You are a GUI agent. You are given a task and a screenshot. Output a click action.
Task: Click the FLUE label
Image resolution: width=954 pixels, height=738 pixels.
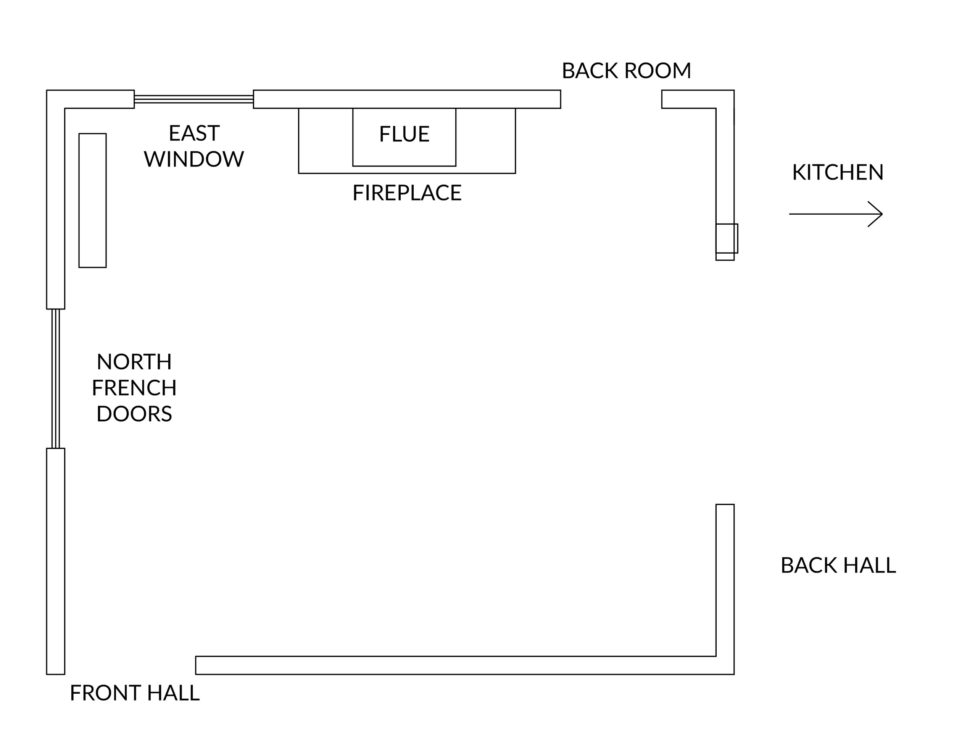[404, 134]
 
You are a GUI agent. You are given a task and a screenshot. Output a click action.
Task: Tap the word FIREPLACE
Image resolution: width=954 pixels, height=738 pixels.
[407, 193]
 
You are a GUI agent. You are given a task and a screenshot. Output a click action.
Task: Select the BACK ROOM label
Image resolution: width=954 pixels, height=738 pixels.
[626, 71]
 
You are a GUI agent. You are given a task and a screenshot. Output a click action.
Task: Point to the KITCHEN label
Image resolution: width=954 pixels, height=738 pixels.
[837, 172]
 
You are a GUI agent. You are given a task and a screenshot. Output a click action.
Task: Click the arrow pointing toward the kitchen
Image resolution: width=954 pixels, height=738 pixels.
[836, 214]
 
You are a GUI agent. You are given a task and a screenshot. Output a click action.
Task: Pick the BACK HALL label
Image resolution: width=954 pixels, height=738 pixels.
[838, 565]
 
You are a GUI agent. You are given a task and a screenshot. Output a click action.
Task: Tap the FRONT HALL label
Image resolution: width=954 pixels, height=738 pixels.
[135, 693]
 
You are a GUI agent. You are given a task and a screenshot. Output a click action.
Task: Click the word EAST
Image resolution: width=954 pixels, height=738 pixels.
[194, 133]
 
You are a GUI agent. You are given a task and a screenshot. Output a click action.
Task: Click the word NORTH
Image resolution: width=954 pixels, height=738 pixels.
[134, 362]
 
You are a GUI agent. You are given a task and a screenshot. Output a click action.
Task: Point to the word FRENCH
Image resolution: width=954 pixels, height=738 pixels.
[134, 388]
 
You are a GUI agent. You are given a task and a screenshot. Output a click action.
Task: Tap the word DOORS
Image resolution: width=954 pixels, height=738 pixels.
[134, 414]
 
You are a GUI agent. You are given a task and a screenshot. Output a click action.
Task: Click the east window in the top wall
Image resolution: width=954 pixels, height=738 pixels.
[193, 99]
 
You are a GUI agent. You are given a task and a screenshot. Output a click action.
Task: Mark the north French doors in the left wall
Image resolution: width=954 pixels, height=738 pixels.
[55, 379]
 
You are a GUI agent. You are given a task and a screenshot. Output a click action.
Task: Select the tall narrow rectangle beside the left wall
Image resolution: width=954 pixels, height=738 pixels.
[93, 200]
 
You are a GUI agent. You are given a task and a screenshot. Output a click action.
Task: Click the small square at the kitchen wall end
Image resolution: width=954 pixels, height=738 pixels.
[727, 238]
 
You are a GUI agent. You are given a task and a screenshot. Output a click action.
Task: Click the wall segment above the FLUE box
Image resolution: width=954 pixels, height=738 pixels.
[407, 99]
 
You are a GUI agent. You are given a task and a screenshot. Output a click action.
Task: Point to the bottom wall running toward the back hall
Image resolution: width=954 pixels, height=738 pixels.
[456, 665]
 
